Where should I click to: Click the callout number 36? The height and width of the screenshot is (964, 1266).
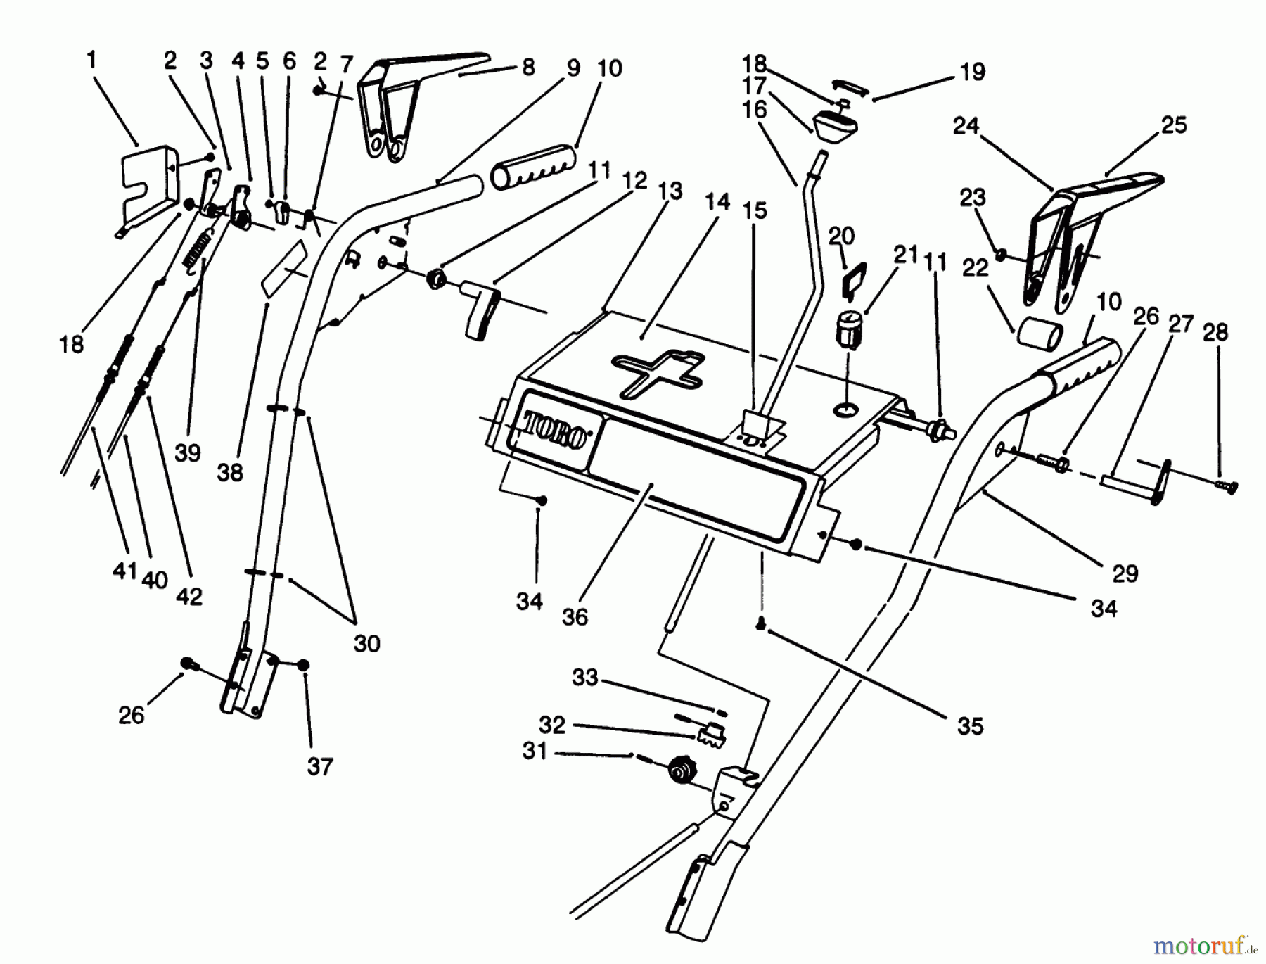575,617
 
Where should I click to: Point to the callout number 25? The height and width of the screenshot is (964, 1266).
1173,125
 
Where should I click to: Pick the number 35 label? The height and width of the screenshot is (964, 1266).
970,726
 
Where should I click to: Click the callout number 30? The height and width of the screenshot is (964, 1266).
366,643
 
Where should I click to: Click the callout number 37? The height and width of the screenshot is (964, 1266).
319,766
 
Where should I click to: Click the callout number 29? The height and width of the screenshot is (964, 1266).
1125,573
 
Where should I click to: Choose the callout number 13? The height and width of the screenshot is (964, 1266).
670,191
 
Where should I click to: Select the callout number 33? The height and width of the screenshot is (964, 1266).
584,677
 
